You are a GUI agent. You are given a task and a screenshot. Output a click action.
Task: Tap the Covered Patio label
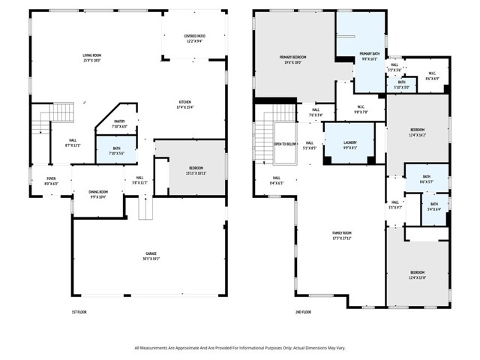coord(196,38)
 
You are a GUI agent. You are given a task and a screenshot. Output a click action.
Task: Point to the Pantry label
coord(119,124)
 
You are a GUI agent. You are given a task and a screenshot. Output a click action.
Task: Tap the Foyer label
coord(50,181)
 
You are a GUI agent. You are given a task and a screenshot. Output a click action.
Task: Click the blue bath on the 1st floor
coord(116,151)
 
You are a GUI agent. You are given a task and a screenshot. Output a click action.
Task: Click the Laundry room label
coord(349,145)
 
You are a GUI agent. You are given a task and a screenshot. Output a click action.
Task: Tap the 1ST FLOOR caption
coord(81,311)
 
